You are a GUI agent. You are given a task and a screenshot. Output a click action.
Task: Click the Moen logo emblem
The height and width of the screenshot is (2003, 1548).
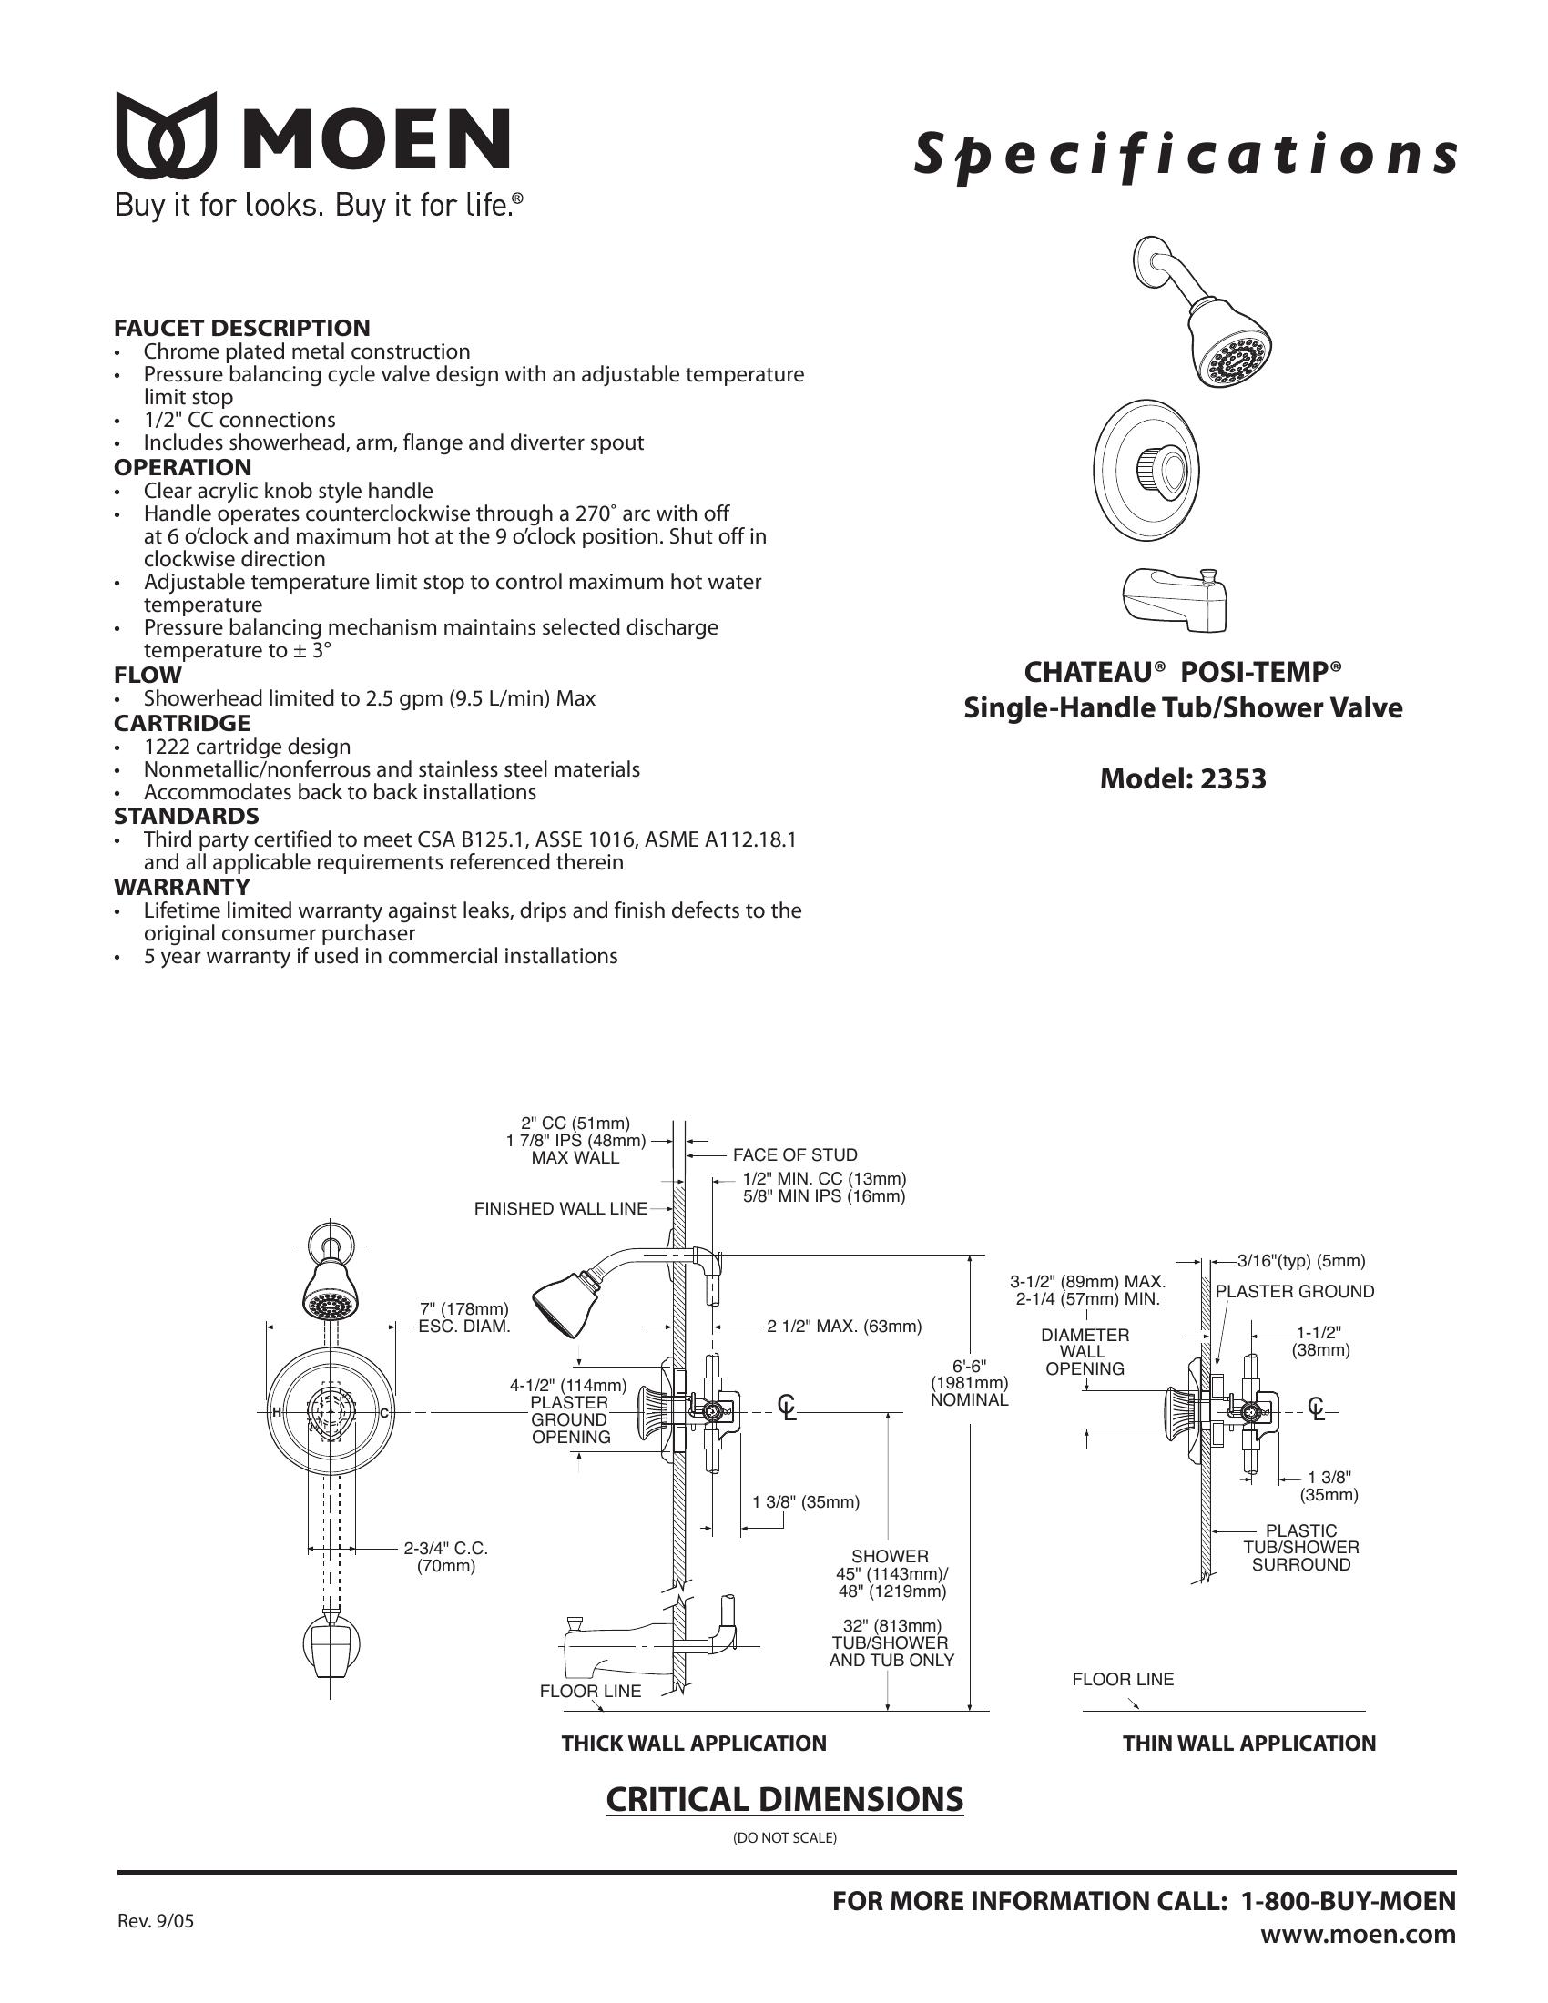166,134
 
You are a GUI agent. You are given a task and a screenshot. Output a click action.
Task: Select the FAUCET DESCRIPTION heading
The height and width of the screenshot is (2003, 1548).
242,328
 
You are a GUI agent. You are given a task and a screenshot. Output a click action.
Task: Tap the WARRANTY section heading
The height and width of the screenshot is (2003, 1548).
181,887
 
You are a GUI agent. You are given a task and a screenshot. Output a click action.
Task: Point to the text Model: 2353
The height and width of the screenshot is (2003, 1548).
1183,778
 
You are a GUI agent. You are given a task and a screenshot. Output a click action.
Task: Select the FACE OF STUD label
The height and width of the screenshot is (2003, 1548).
795,1154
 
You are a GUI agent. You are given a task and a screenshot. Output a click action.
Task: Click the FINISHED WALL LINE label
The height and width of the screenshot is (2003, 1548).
560,1209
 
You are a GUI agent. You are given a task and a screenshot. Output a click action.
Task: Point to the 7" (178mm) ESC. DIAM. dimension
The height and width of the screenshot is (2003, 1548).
463,1317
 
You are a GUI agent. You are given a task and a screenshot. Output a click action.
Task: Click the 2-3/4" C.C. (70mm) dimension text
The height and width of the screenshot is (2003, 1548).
446,1557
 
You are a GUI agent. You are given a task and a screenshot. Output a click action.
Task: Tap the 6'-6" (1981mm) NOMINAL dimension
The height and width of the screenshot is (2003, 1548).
970,1384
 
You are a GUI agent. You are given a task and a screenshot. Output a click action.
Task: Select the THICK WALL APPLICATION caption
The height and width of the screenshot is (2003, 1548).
694,1744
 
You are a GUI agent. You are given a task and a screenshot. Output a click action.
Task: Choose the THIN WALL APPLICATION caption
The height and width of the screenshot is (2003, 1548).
1249,1744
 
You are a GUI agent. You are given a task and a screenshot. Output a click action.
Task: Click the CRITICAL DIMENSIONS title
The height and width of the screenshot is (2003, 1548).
785,1799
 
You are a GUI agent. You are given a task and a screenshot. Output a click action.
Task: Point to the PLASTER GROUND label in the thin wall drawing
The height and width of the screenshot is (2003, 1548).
1295,1291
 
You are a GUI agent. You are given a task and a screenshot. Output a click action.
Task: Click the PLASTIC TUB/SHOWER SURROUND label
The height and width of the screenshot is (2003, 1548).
1301,1547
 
